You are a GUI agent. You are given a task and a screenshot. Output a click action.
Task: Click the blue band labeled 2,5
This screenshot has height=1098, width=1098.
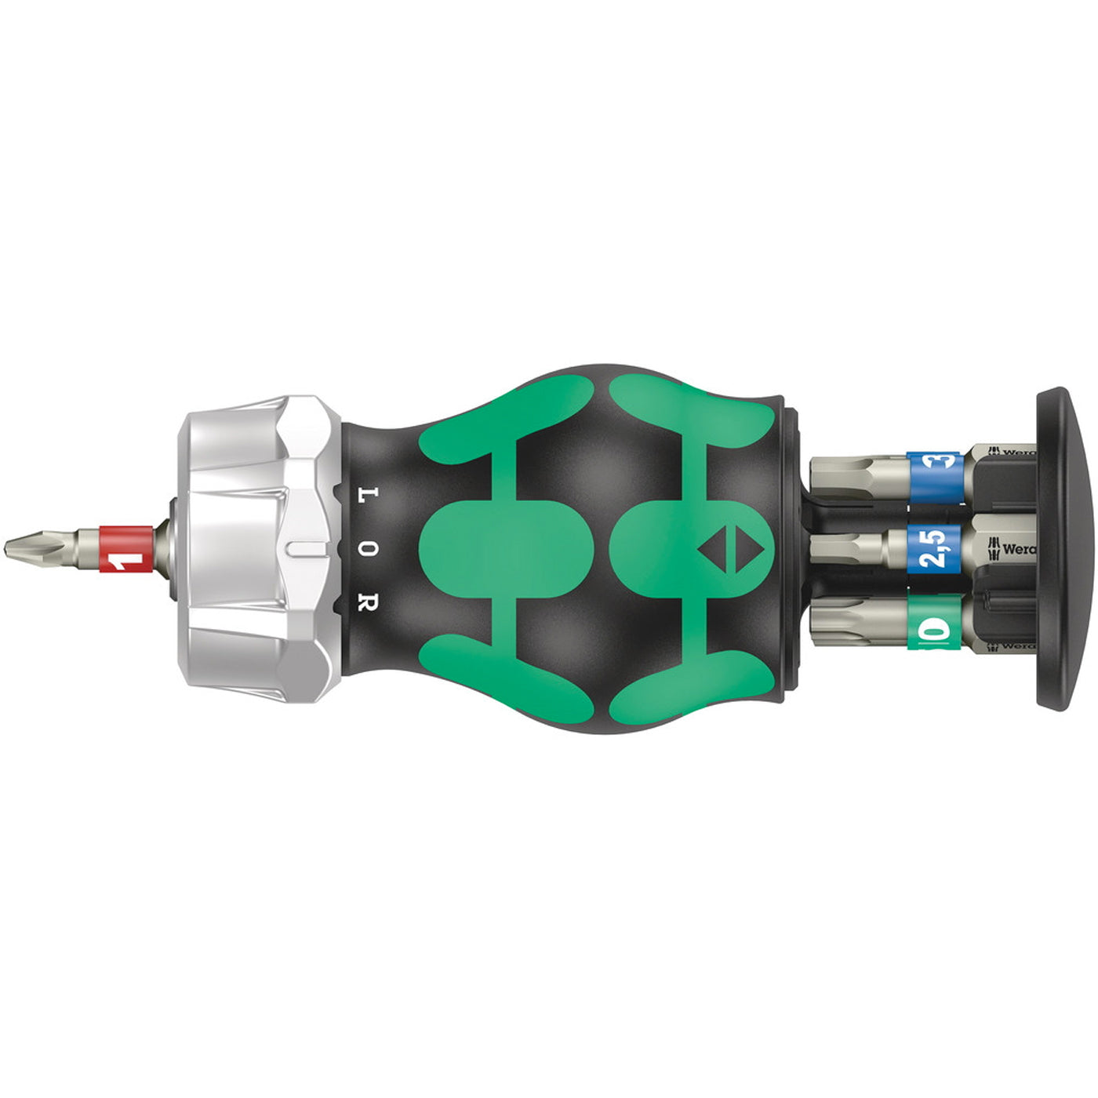933,548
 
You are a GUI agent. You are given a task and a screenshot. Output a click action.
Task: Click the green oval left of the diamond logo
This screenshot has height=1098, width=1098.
506,548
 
